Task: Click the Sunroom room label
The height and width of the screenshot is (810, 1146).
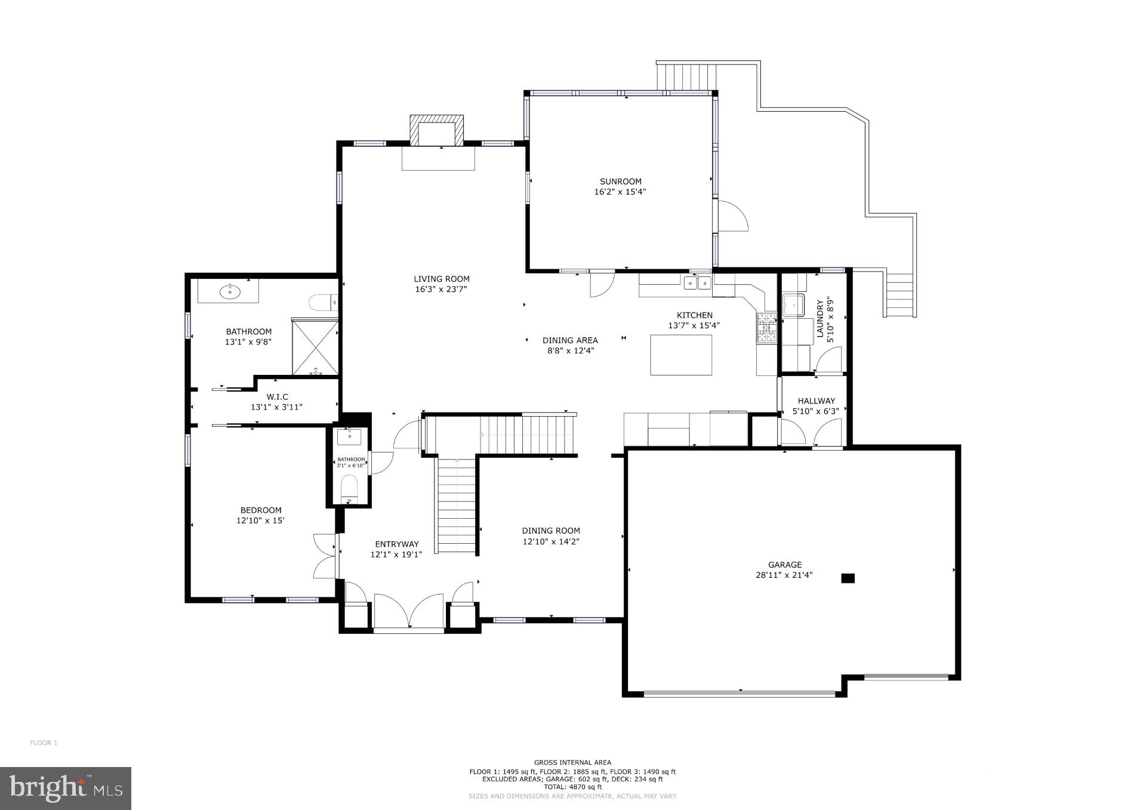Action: [620, 181]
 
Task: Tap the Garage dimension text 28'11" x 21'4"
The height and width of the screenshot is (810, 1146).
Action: [784, 575]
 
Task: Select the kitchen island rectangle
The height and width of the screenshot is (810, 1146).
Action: [680, 355]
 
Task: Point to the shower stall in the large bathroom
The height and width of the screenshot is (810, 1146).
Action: [315, 346]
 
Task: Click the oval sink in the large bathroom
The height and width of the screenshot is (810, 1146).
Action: [230, 292]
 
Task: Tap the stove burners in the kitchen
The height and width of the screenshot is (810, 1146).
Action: [766, 328]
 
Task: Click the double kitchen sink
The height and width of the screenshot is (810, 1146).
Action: [697, 282]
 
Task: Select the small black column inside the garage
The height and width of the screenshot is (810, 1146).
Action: [848, 578]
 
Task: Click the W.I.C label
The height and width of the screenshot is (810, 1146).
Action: [277, 397]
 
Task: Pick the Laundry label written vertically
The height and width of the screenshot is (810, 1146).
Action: [820, 319]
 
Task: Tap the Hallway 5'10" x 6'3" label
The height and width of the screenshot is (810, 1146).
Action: [816, 406]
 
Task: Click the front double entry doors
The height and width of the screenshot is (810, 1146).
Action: [409, 612]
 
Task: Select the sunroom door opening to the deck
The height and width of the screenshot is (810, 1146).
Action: [732, 215]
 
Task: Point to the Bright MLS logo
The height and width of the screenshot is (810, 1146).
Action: [66, 788]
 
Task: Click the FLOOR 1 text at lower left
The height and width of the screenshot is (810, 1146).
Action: [44, 743]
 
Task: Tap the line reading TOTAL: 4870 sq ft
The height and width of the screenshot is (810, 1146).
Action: [572, 787]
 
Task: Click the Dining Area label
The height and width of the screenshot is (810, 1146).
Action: [570, 341]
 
